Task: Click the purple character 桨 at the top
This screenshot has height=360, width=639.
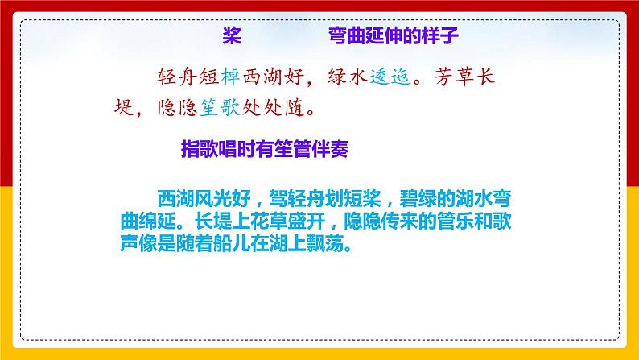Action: coord(231,36)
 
